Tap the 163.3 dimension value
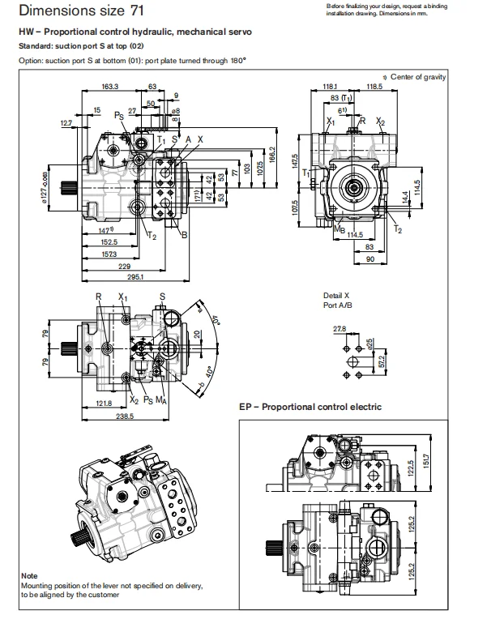pyautogui.click(x=110, y=86)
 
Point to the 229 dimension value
pyautogui.click(x=123, y=266)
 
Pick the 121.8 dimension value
pyautogui.click(x=104, y=403)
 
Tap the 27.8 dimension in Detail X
pyautogui.click(x=340, y=329)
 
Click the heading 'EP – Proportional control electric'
pyautogui.click(x=310, y=407)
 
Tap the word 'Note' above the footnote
pyautogui.click(x=29, y=576)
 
